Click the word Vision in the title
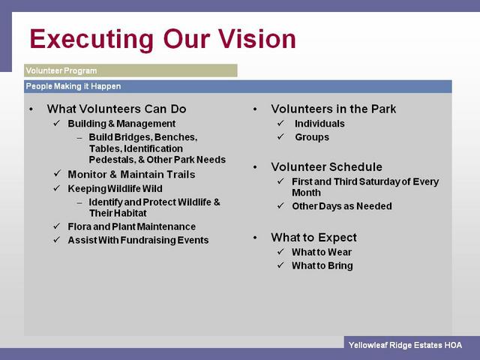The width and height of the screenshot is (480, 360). click(x=256, y=39)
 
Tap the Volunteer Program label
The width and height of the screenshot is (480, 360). click(x=61, y=70)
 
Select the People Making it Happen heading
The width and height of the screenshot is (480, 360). click(x=73, y=86)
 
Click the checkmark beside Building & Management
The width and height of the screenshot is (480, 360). click(x=57, y=123)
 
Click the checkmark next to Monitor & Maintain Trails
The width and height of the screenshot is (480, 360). click(x=57, y=173)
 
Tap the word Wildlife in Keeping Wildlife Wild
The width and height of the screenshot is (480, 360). click(x=123, y=188)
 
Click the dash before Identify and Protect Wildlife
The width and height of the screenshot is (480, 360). click(x=79, y=202)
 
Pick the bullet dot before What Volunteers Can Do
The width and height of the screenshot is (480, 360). click(x=31, y=109)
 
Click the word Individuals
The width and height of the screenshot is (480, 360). click(x=319, y=124)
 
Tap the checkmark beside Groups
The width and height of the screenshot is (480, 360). click(x=281, y=136)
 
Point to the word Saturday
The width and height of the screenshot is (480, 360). click(x=379, y=181)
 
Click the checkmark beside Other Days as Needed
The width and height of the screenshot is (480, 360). click(x=281, y=205)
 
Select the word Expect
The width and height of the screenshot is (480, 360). click(x=337, y=238)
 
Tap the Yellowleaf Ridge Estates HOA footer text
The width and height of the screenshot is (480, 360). click(x=405, y=345)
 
